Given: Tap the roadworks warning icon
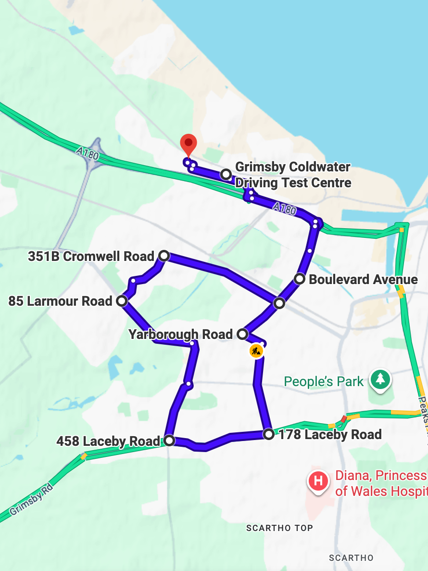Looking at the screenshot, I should (256, 350).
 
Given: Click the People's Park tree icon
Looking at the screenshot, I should (380, 379).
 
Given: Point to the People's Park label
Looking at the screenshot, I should (324, 382).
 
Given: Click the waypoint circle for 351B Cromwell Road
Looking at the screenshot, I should (164, 256).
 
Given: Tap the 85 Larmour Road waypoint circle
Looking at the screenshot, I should (122, 301).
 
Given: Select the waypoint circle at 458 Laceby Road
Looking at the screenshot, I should (169, 441).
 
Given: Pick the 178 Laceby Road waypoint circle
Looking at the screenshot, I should (269, 434).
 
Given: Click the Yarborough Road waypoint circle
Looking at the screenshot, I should (242, 334).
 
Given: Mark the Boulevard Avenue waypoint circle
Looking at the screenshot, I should (300, 279).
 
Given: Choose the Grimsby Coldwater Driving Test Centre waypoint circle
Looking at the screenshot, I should (226, 174).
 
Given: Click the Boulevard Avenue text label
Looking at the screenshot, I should (363, 279).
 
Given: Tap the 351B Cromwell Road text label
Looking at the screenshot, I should (91, 256).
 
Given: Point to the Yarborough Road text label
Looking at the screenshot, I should (180, 334).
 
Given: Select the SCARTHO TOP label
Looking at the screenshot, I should (279, 528).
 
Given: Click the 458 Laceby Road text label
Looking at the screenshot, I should (108, 441).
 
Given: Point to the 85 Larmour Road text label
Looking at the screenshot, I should (60, 301).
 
